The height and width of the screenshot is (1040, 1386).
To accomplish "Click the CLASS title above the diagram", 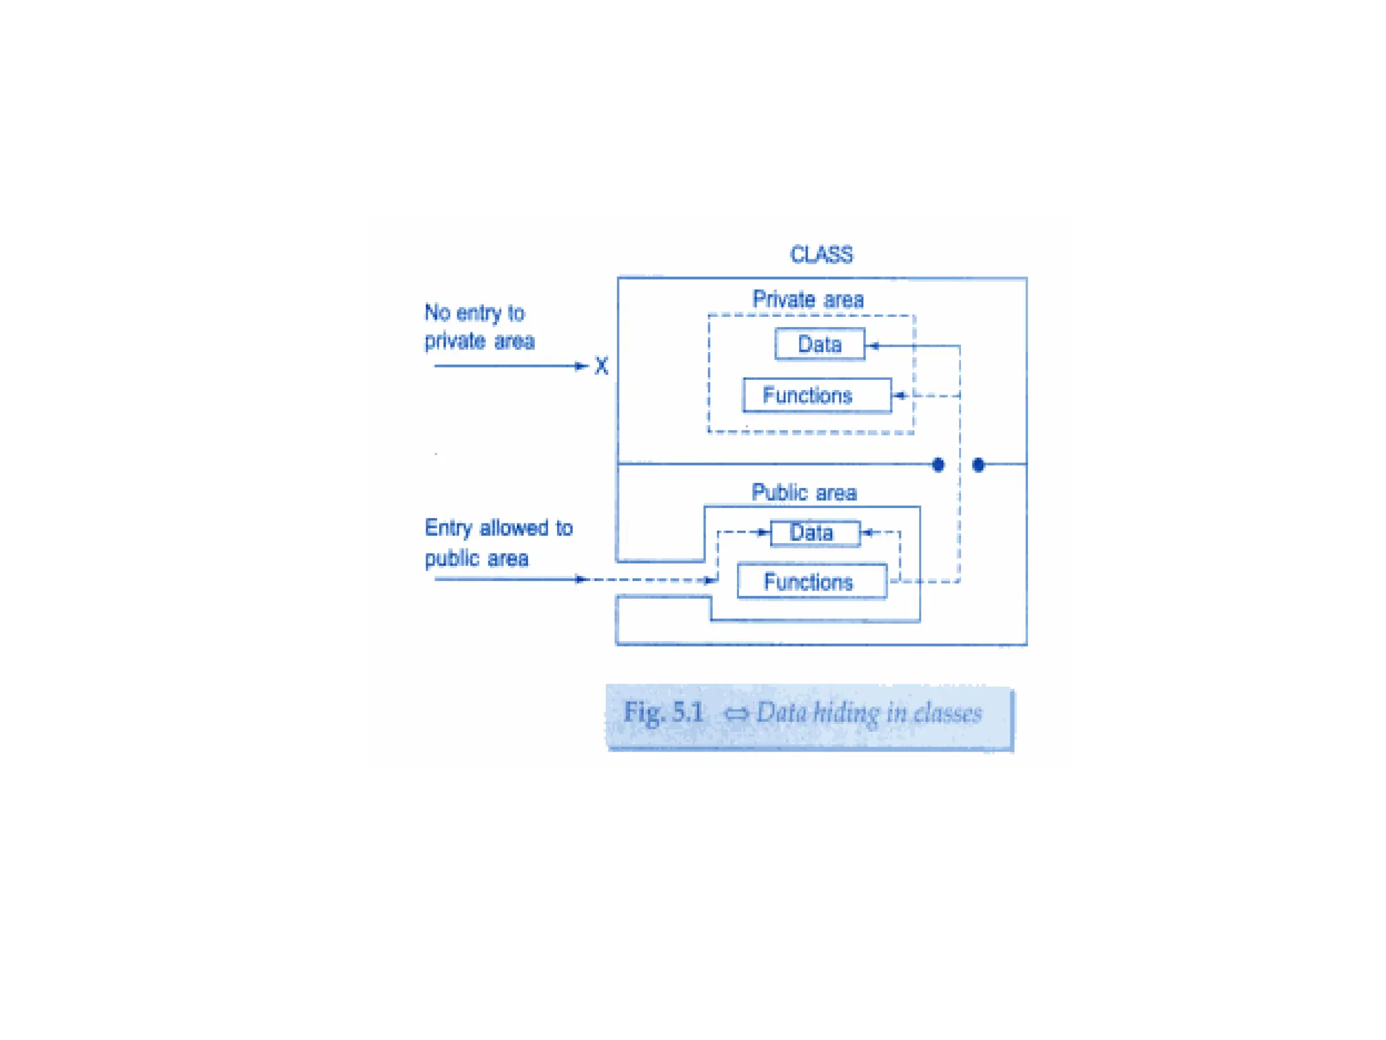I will tap(821, 255).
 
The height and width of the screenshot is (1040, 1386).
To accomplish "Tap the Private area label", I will tap(808, 299).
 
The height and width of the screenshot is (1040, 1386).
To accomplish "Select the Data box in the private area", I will tap(820, 344).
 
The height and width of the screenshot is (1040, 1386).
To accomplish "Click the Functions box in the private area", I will tap(817, 395).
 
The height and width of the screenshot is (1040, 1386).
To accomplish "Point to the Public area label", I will tap(804, 492).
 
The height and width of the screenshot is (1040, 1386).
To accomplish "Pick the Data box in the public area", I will tap(815, 533).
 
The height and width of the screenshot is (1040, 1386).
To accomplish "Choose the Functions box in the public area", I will tap(811, 582).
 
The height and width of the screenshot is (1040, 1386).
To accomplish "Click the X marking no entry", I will tap(601, 366).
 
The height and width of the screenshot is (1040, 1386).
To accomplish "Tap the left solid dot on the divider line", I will tap(938, 464).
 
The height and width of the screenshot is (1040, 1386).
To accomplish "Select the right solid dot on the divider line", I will tap(978, 464).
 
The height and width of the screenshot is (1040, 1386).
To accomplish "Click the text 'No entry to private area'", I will tap(479, 326).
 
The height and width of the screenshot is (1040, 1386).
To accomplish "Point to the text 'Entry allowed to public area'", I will tap(498, 543).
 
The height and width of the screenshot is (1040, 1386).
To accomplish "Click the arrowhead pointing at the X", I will tap(581, 366).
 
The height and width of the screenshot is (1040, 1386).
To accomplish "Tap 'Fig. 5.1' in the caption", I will tap(663, 712).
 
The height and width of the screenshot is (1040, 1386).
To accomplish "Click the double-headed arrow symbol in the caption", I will tap(736, 714).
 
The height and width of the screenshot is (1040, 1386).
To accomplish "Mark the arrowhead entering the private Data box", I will tap(873, 346).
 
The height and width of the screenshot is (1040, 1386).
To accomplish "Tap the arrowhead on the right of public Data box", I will tap(868, 533).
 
